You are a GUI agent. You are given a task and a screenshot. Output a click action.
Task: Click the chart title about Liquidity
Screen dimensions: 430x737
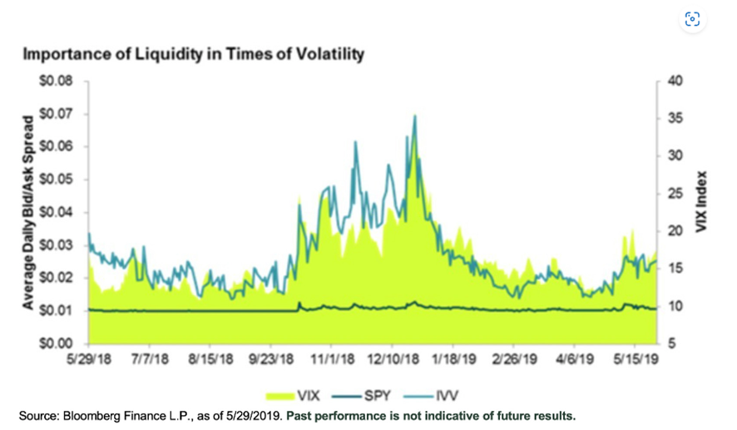coord(194,55)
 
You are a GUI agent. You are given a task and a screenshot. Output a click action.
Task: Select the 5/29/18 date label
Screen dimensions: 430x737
coord(89,363)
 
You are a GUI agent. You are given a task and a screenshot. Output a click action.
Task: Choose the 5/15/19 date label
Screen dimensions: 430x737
coord(635,363)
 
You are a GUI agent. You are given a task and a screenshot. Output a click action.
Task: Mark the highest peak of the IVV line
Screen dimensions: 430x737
coord(414,116)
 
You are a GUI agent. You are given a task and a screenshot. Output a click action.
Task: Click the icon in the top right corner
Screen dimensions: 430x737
coord(691,19)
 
